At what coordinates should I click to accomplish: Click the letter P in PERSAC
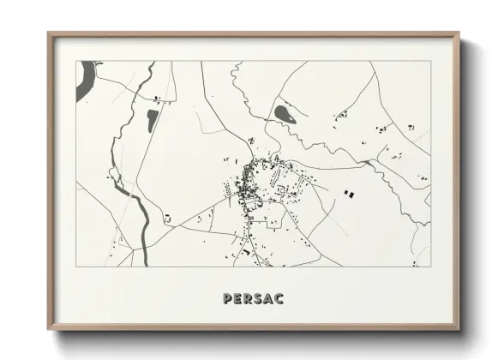pyautogui.click(x=226, y=299)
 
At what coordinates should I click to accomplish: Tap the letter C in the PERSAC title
pyautogui.click(x=279, y=299)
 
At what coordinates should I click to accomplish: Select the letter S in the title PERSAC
pyautogui.click(x=258, y=299)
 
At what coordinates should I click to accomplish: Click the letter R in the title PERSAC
pyautogui.click(x=247, y=299)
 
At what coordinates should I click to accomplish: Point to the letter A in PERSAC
pyautogui.click(x=268, y=299)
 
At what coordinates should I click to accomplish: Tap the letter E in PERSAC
pyautogui.click(x=237, y=299)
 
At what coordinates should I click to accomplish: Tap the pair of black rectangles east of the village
pyautogui.click(x=348, y=195)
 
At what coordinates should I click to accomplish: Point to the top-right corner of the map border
pyautogui.click(x=432, y=61)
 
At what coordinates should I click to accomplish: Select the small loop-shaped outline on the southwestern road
pyautogui.click(x=168, y=219)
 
